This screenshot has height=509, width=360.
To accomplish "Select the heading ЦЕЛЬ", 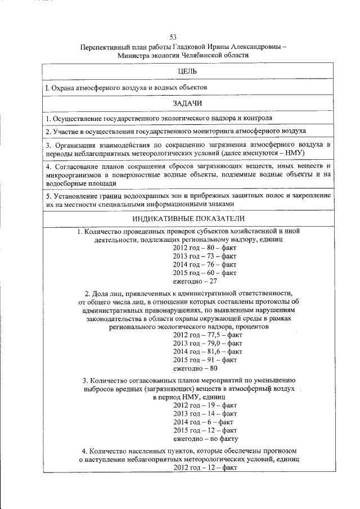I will (186, 71).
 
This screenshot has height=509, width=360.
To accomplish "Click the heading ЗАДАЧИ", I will (186, 103).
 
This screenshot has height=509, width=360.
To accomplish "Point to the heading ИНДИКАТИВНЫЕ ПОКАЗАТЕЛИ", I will (186, 218).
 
